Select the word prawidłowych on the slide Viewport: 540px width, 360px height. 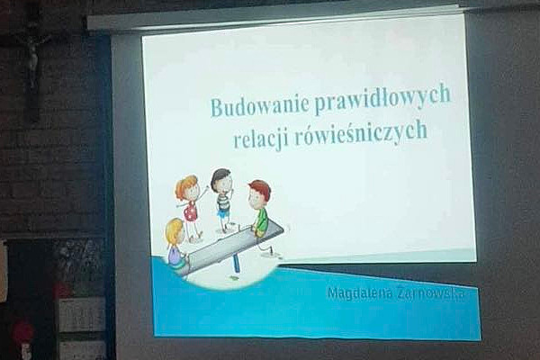pyautogui.click(x=382, y=98)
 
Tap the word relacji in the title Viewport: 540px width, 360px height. pyautogui.click(x=260, y=139)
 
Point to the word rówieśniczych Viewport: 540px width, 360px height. pyautogui.click(x=360, y=133)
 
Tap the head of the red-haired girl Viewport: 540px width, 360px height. pyautogui.click(x=188, y=187)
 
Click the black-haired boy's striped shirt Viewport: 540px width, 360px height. pyautogui.click(x=223, y=202)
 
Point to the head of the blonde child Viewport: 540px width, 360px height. pyautogui.click(x=175, y=231)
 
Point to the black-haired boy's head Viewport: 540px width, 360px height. pyautogui.click(x=221, y=179)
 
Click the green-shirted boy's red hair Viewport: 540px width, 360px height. pyautogui.click(x=260, y=187)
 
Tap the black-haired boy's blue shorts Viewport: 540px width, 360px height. pyautogui.click(x=223, y=213)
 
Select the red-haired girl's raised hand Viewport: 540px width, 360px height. pyautogui.click(x=207, y=189)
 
